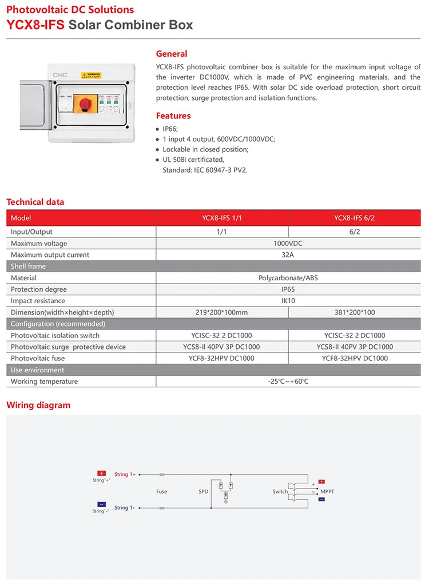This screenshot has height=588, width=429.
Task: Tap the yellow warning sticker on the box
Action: tap(91, 76)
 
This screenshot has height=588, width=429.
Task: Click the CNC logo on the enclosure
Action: tap(60, 74)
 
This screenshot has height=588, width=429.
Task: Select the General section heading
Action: tap(172, 54)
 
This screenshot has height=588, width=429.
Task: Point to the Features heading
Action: tap(173, 116)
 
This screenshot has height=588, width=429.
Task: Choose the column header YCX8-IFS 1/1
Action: tap(223, 218)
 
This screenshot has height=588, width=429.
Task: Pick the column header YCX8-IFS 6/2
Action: tap(354, 218)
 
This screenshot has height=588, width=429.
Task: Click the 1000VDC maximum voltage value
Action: tap(288, 243)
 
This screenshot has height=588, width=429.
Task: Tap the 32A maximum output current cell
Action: tap(288, 255)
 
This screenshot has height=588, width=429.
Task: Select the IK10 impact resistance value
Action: tap(288, 300)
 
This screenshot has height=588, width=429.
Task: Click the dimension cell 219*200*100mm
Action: tap(223, 312)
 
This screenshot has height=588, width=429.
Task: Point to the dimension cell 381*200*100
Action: tap(354, 312)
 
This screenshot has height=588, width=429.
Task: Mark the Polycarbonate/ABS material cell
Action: tap(288, 277)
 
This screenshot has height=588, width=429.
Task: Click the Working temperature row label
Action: tap(44, 382)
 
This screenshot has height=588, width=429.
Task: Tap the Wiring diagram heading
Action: tap(38, 405)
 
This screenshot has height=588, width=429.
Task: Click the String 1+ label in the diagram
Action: tap(125, 474)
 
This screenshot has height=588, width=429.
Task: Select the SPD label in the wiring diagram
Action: tap(204, 491)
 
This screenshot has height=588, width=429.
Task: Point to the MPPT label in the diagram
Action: tap(327, 491)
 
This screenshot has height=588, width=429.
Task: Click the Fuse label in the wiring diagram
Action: tap(161, 491)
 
